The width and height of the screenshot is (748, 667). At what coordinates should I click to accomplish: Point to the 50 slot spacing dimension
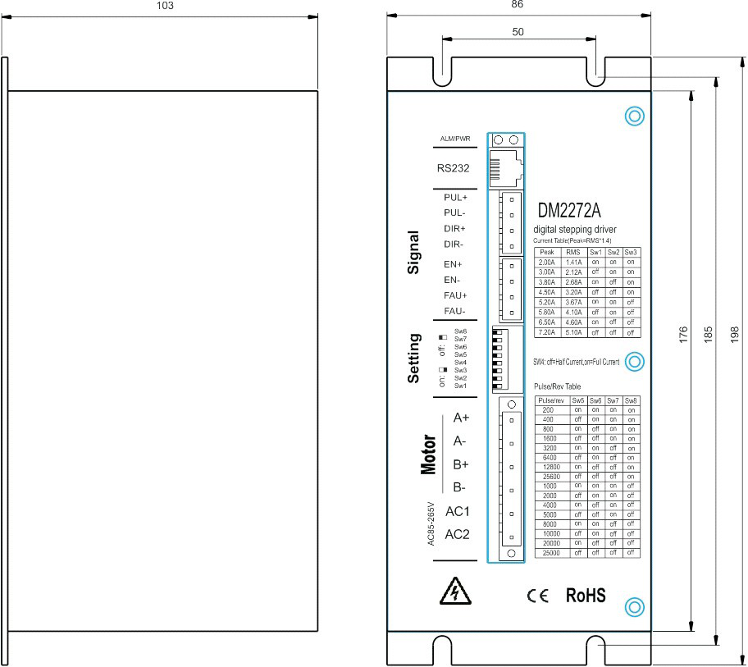click(518, 31)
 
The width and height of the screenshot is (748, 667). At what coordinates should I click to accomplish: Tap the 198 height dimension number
click(735, 336)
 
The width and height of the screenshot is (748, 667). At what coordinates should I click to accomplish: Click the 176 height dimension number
click(683, 336)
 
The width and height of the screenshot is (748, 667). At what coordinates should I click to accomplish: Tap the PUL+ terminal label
click(455, 198)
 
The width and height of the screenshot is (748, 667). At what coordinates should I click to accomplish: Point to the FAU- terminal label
click(454, 311)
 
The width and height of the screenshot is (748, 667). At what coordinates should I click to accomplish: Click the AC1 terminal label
click(457, 512)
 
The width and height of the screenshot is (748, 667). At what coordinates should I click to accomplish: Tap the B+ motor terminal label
click(459, 464)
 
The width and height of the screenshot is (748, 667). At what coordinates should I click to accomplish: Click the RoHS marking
click(586, 596)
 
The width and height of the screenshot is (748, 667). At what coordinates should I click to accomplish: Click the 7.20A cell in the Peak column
click(547, 332)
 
